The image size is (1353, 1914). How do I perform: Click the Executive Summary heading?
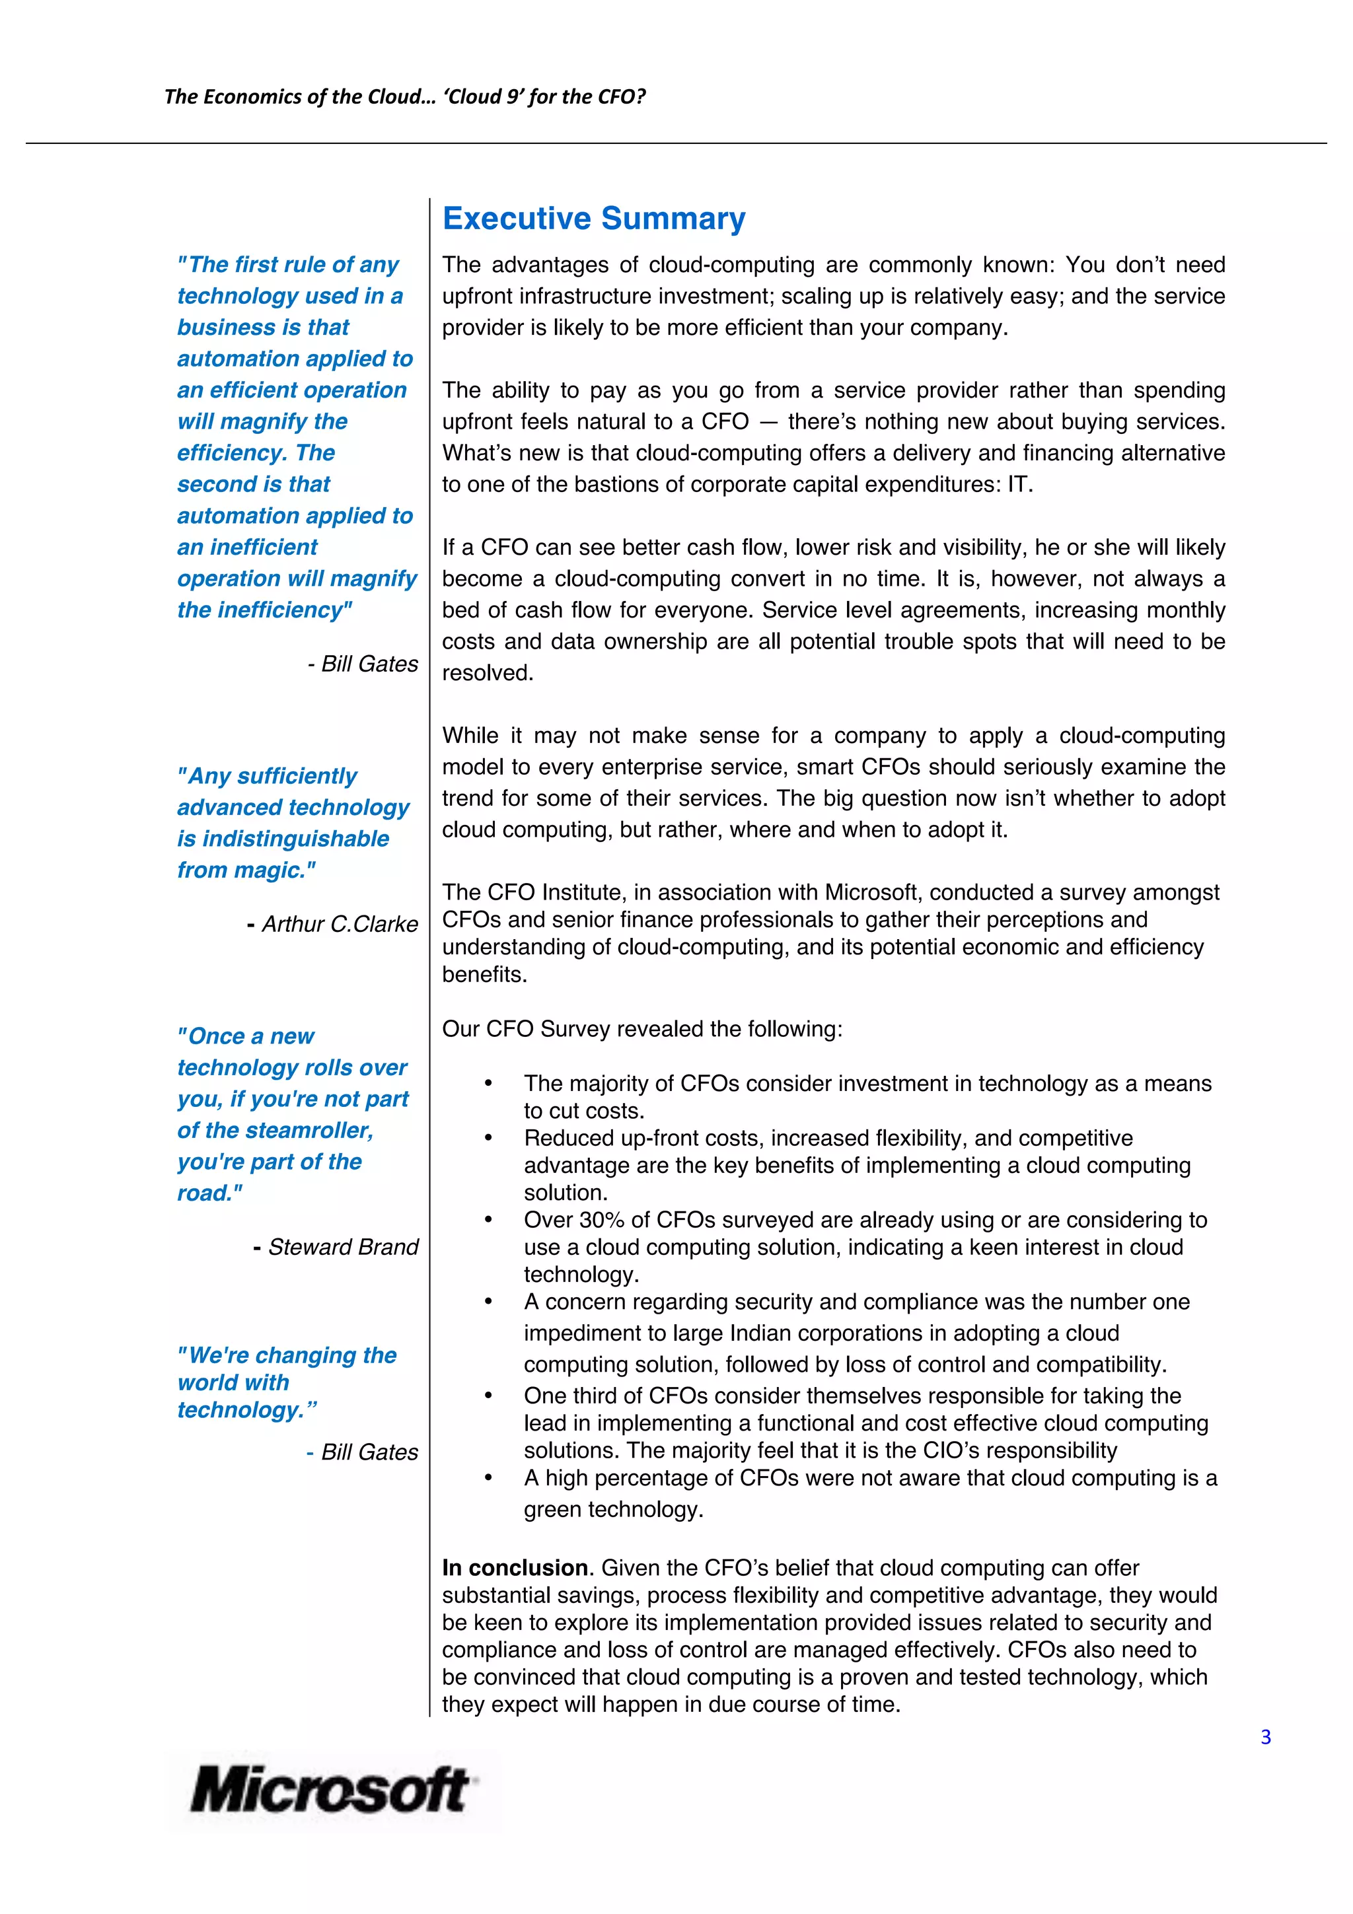point(593,219)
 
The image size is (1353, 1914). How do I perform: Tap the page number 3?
point(1266,1737)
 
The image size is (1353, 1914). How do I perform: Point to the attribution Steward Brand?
point(342,1247)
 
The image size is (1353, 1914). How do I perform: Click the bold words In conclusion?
point(515,1568)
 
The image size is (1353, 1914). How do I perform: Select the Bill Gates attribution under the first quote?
point(369,664)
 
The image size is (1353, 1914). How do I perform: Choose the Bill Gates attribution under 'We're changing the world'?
point(369,1452)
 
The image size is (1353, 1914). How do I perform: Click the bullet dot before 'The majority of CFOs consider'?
point(488,1084)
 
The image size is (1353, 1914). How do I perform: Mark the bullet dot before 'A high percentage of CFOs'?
point(488,1478)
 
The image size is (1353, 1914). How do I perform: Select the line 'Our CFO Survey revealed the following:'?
point(642,1030)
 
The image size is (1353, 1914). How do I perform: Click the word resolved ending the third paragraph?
point(486,674)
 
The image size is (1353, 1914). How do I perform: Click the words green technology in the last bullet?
point(612,1510)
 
